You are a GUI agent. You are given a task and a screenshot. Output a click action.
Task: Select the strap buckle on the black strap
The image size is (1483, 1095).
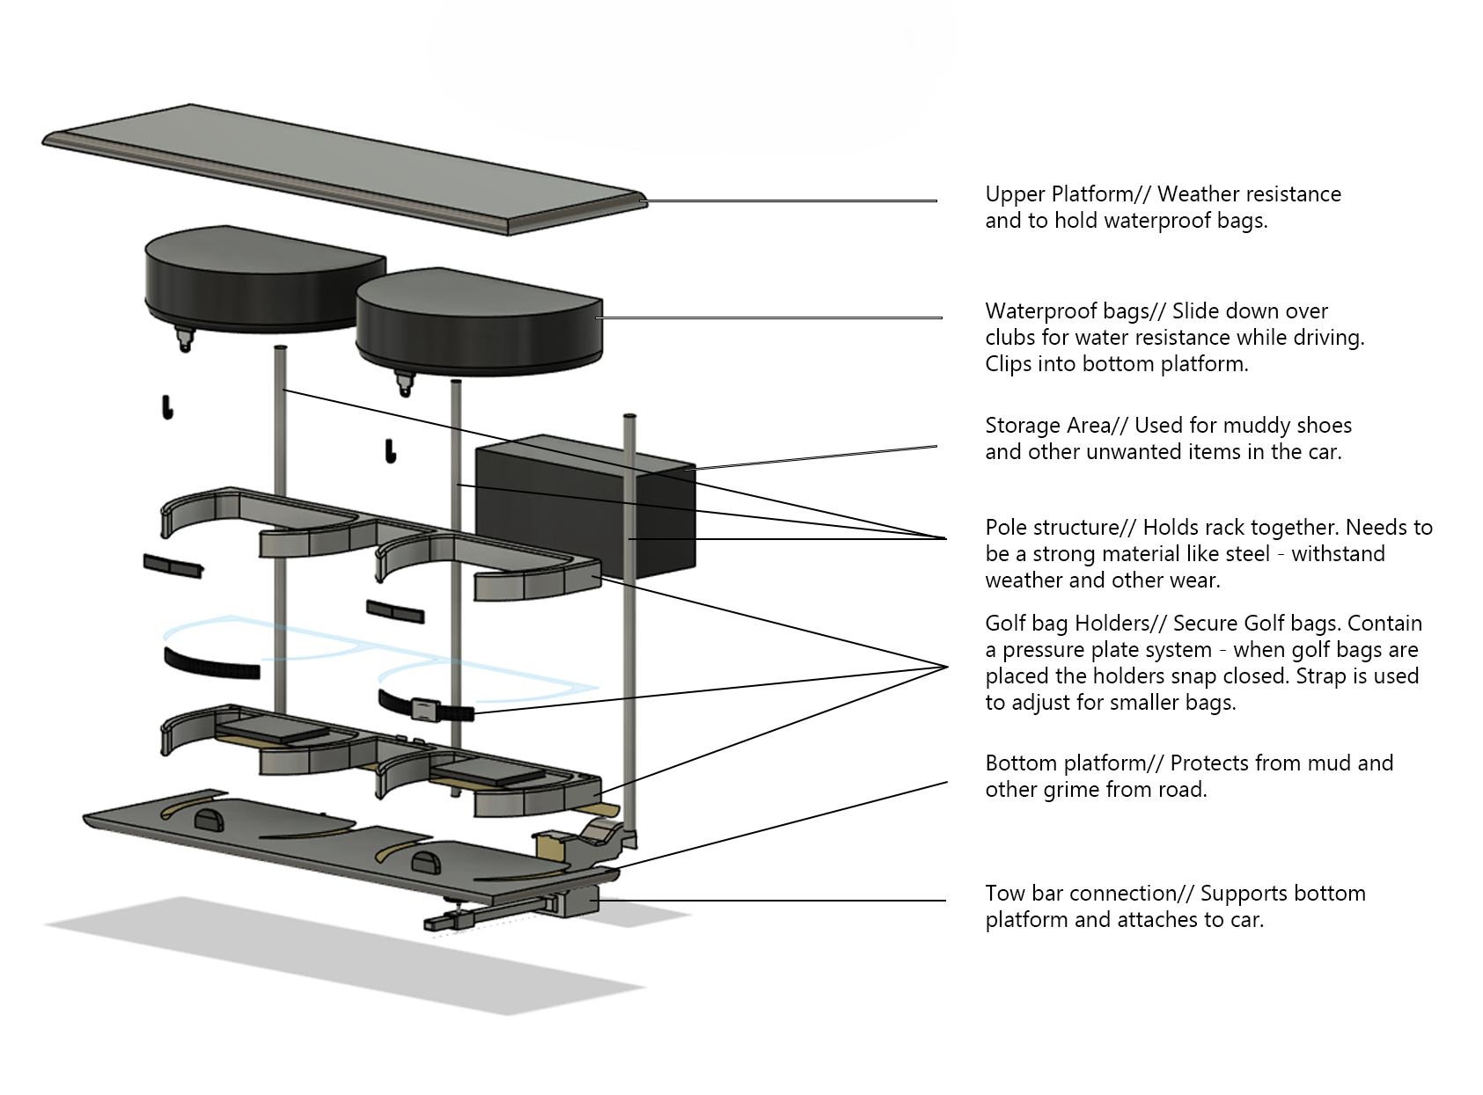pyautogui.click(x=425, y=709)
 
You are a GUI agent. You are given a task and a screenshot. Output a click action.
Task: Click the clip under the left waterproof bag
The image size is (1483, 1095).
pyautogui.click(x=184, y=338)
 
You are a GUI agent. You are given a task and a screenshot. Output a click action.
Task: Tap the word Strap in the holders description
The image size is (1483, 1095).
pyautogui.click(x=1320, y=676)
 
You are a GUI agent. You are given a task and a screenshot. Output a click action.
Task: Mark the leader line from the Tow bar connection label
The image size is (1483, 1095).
pyautogui.click(x=775, y=900)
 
